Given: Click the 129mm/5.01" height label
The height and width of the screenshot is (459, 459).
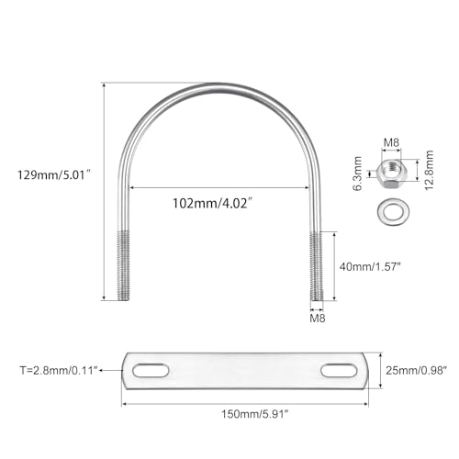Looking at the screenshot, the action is [x=54, y=175].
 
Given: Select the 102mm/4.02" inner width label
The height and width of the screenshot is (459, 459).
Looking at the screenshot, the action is [x=213, y=203].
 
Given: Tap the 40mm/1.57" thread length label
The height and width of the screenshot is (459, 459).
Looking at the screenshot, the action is [x=370, y=266].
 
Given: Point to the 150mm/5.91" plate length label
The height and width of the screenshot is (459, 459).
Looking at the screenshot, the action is [x=255, y=414].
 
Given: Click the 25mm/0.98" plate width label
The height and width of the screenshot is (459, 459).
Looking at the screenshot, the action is [x=416, y=370].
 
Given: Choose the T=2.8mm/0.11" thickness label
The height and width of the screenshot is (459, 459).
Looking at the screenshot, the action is [x=59, y=370].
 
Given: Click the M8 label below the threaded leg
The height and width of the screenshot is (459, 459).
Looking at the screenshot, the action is [x=318, y=319].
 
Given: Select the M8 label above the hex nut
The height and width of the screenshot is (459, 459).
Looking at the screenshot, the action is [x=391, y=142].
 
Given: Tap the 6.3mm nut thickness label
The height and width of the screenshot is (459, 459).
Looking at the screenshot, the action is [x=357, y=174].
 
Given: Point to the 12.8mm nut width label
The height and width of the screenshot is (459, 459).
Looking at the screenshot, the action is [x=430, y=170].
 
